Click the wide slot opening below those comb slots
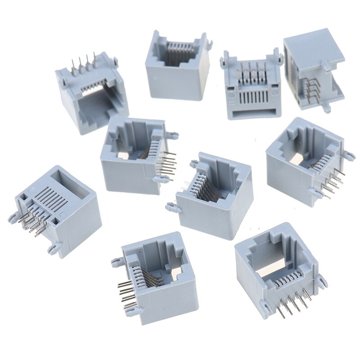tap(253, 111)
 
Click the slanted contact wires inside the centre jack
tap(205, 189)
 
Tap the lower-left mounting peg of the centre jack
tap(171, 207)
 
